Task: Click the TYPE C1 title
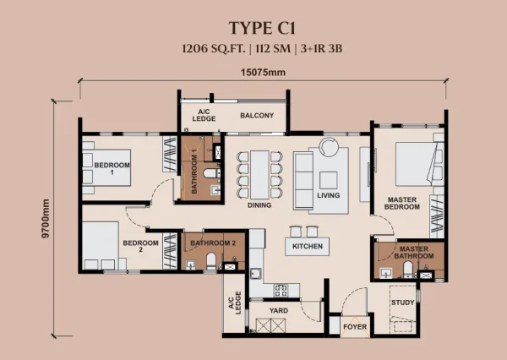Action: point(262,28)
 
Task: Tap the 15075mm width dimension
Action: point(263,73)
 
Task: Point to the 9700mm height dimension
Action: point(46,219)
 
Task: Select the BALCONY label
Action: point(257,116)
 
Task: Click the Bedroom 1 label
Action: point(112,168)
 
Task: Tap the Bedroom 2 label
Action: point(140,246)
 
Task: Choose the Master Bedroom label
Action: point(402,203)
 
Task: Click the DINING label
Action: point(259,205)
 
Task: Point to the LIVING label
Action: point(328,195)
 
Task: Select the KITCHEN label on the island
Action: point(308,247)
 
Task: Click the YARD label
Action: point(279,310)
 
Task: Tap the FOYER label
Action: point(355,327)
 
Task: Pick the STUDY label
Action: point(402,303)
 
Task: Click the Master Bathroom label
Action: point(414,253)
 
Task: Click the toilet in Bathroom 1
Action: point(210,173)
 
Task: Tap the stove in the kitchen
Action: point(281,290)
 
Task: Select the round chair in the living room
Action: point(329,146)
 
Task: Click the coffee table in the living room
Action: point(328,180)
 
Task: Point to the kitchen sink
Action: point(256,274)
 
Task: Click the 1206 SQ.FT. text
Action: point(214,49)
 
